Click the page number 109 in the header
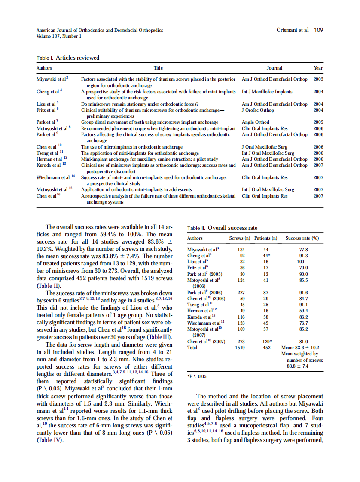tap(318, 30)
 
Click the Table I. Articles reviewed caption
tap(68, 58)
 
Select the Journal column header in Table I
tap(275, 68)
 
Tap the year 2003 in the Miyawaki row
tap(318, 79)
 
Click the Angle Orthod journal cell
tap(256, 122)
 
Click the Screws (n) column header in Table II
tap(240, 238)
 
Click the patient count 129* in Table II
tap(267, 342)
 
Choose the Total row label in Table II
tap(192, 348)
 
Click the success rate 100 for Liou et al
tap(300, 261)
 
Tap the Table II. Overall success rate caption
tap(223, 228)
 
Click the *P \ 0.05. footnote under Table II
tap(198, 377)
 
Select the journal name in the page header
tap(100, 30)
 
